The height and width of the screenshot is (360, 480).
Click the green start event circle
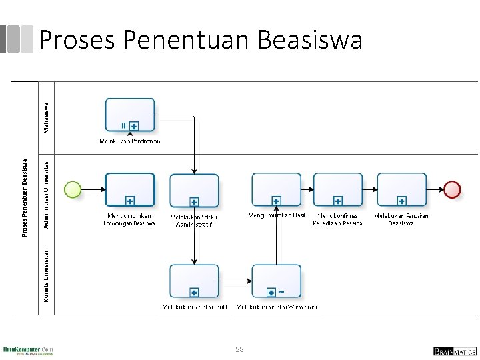coord(72,189)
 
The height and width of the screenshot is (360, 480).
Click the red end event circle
coord(452,189)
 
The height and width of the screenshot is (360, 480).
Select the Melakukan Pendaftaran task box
coord(129,115)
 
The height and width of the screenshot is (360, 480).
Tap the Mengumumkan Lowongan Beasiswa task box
coord(129,189)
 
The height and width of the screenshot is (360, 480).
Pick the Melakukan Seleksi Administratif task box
coord(194,191)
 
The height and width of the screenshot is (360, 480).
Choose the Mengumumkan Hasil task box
coord(276,189)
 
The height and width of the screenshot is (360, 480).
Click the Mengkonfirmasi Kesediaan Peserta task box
coord(338,189)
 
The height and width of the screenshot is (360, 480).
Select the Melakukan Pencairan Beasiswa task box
coord(401,189)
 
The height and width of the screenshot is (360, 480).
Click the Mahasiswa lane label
coord(46,117)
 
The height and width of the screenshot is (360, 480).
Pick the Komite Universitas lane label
coord(46,275)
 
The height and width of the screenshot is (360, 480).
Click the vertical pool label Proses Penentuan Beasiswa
coord(25,197)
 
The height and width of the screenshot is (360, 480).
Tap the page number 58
coord(240,349)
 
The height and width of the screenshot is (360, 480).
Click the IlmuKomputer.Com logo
coord(28,350)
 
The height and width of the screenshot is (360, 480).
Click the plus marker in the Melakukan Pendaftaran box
coord(134,126)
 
